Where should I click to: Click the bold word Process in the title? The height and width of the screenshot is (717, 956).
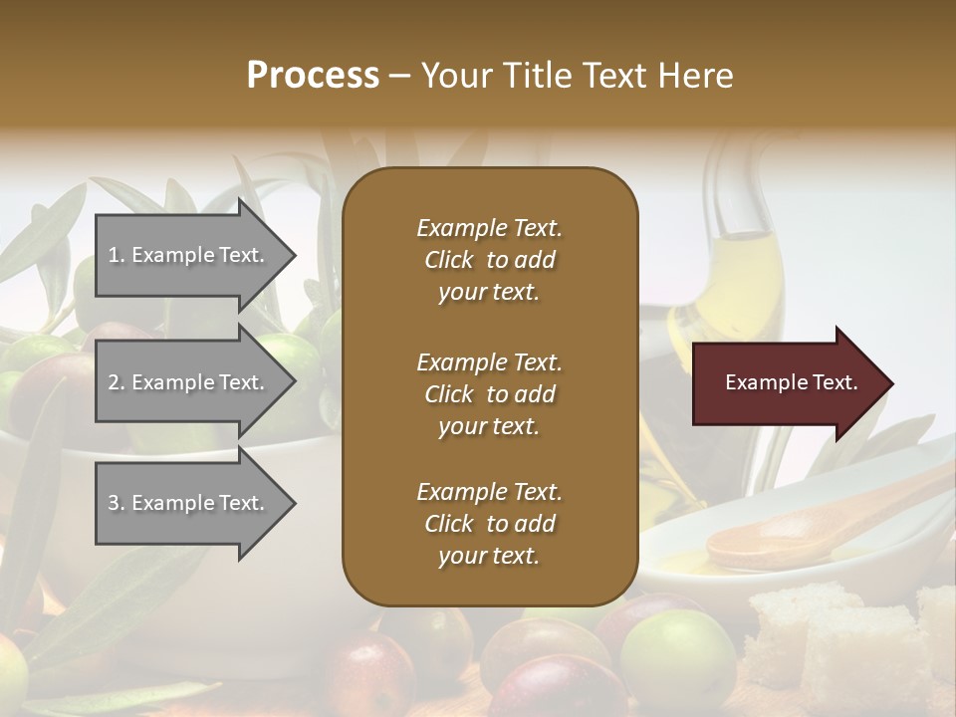pyautogui.click(x=313, y=76)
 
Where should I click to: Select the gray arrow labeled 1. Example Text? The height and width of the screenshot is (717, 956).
pyautogui.click(x=189, y=255)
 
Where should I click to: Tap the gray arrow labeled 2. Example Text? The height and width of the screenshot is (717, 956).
pyautogui.click(x=189, y=382)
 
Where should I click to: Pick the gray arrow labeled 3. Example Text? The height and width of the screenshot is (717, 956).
pyautogui.click(x=189, y=503)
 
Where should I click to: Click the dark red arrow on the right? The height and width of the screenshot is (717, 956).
pyautogui.click(x=787, y=383)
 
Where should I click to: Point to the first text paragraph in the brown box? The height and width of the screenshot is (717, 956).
pyautogui.click(x=489, y=260)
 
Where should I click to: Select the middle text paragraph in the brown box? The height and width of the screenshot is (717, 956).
pyautogui.click(x=489, y=394)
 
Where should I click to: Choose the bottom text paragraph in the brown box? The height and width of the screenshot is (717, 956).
pyautogui.click(x=489, y=524)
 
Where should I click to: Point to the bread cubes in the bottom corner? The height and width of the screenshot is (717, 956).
pyautogui.click(x=846, y=637)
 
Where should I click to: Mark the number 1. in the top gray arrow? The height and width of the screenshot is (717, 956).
pyautogui.click(x=117, y=255)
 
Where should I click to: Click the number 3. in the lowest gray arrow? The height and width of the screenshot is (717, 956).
pyautogui.click(x=117, y=503)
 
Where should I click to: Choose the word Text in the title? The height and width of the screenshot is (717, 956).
pyautogui.click(x=613, y=76)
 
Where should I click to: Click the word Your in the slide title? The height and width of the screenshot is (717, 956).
pyautogui.click(x=453, y=76)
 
